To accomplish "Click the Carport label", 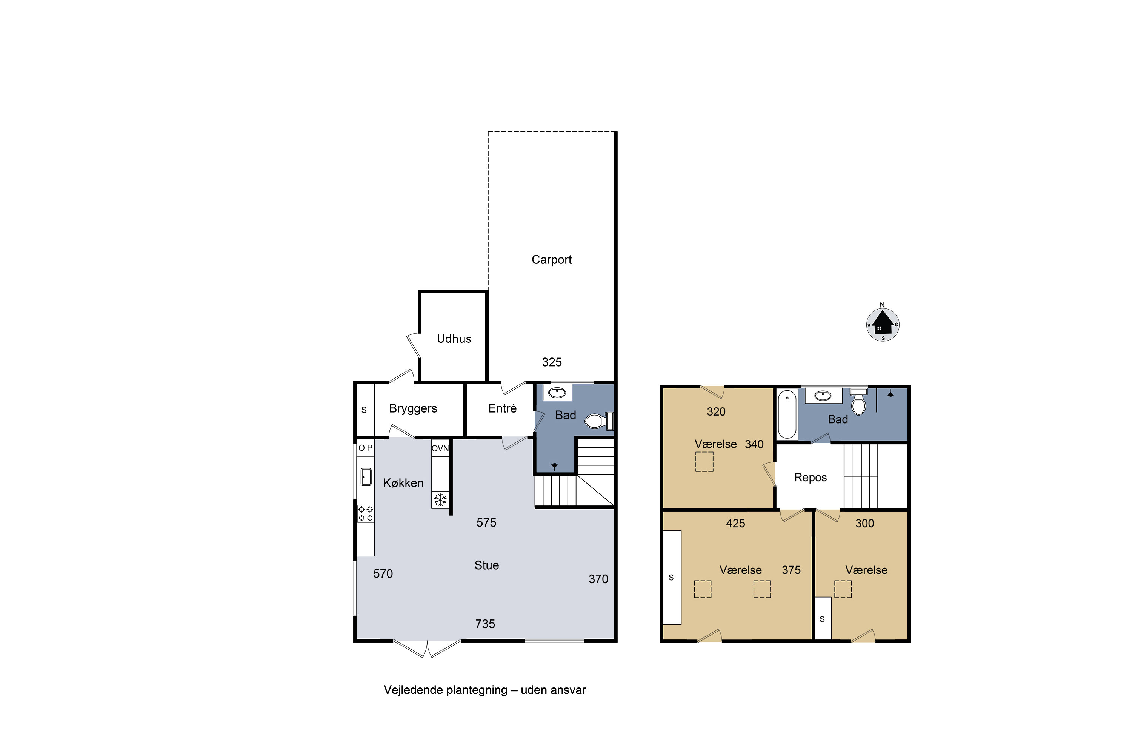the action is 552,260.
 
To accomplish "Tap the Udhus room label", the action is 454,339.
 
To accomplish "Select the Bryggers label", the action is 413,409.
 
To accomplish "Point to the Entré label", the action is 502,408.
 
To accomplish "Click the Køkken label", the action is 403,483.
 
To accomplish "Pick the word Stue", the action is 487,565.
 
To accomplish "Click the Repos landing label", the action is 811,478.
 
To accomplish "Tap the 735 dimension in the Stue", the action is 485,624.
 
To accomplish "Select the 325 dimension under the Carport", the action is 552,362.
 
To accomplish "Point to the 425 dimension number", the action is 735,523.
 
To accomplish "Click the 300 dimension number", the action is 864,523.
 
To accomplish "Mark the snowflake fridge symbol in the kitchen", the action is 440,499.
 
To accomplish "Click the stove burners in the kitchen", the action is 365,514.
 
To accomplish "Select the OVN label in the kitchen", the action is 440,448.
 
